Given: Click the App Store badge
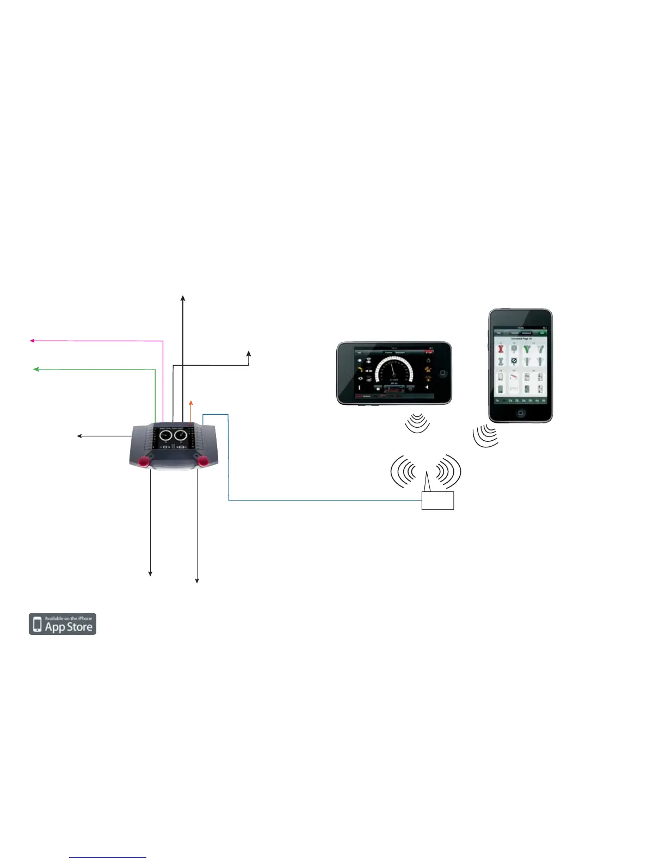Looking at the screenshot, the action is [63, 624].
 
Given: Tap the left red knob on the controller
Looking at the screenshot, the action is [145, 461].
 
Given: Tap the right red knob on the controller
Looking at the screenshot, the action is [203, 461].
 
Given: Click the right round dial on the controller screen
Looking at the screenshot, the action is [181, 436].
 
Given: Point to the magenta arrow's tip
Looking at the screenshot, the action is [32, 341].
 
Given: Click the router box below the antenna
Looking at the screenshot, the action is [437, 501].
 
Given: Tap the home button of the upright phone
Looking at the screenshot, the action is [521, 413].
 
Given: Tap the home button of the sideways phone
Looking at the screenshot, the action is [442, 373].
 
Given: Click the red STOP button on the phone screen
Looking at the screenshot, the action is [429, 353].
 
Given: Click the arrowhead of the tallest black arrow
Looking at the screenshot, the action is [183, 298].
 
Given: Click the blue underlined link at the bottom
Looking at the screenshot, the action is [108, 858].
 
